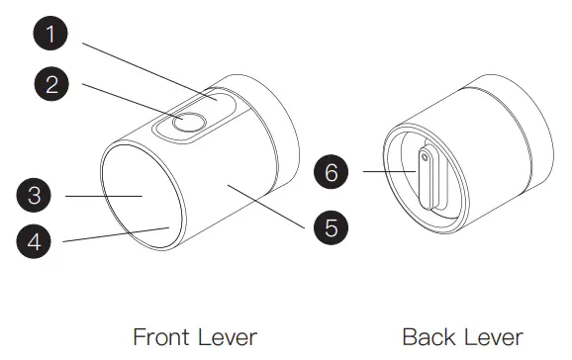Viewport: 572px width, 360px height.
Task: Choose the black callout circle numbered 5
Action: (332, 226)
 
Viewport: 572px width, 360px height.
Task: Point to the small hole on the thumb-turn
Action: (425, 155)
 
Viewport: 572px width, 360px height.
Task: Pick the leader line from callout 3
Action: (104, 196)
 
